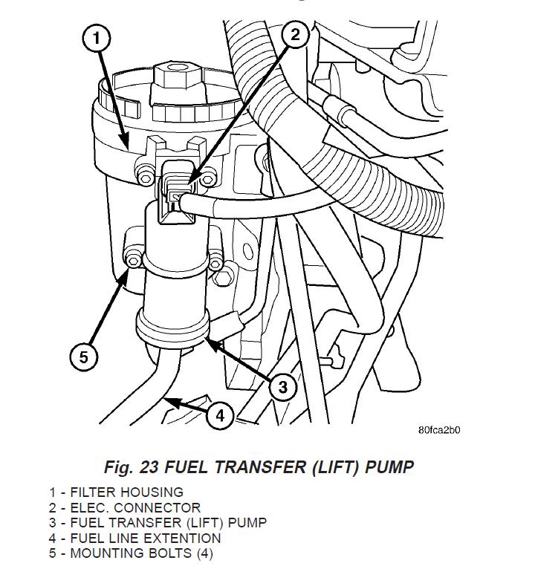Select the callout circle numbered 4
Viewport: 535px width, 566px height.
coord(220,416)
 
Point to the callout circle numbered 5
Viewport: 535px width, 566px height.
coord(83,357)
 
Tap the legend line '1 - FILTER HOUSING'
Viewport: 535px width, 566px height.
coord(117,492)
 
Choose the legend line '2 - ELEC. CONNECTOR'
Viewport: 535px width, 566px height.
coord(125,507)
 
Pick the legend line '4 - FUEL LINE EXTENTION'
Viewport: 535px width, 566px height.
coord(135,538)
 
